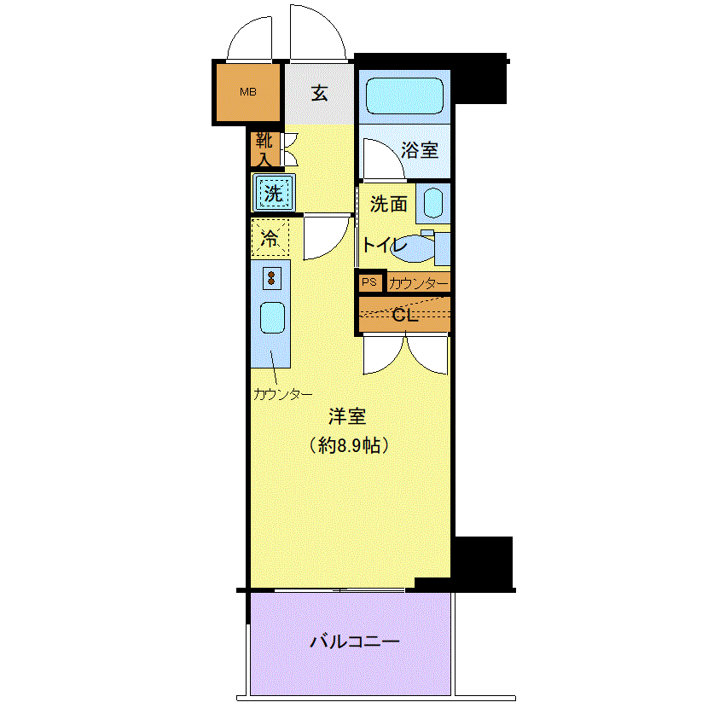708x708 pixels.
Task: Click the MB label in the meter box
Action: click(248, 92)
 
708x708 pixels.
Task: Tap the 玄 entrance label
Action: click(319, 94)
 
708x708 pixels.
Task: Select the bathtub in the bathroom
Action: click(404, 96)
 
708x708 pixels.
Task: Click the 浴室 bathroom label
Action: click(420, 150)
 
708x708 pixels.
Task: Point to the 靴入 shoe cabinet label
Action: click(264, 149)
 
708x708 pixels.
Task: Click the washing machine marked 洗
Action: click(274, 193)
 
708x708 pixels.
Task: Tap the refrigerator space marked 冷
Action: click(270, 237)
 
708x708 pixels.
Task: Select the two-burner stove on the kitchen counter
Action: click(271, 278)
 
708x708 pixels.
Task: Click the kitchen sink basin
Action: click(272, 317)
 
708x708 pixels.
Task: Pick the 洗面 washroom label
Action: click(389, 204)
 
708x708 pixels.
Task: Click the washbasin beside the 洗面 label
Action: click(433, 203)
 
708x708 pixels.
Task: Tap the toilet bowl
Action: click(412, 248)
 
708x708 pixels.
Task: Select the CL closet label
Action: click(405, 315)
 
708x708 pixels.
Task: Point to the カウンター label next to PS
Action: click(419, 283)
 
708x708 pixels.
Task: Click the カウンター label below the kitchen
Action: click(283, 395)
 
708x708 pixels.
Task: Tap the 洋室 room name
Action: click(347, 416)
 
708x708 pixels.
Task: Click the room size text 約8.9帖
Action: click(349, 446)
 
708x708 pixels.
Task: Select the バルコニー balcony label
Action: click(355, 641)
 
